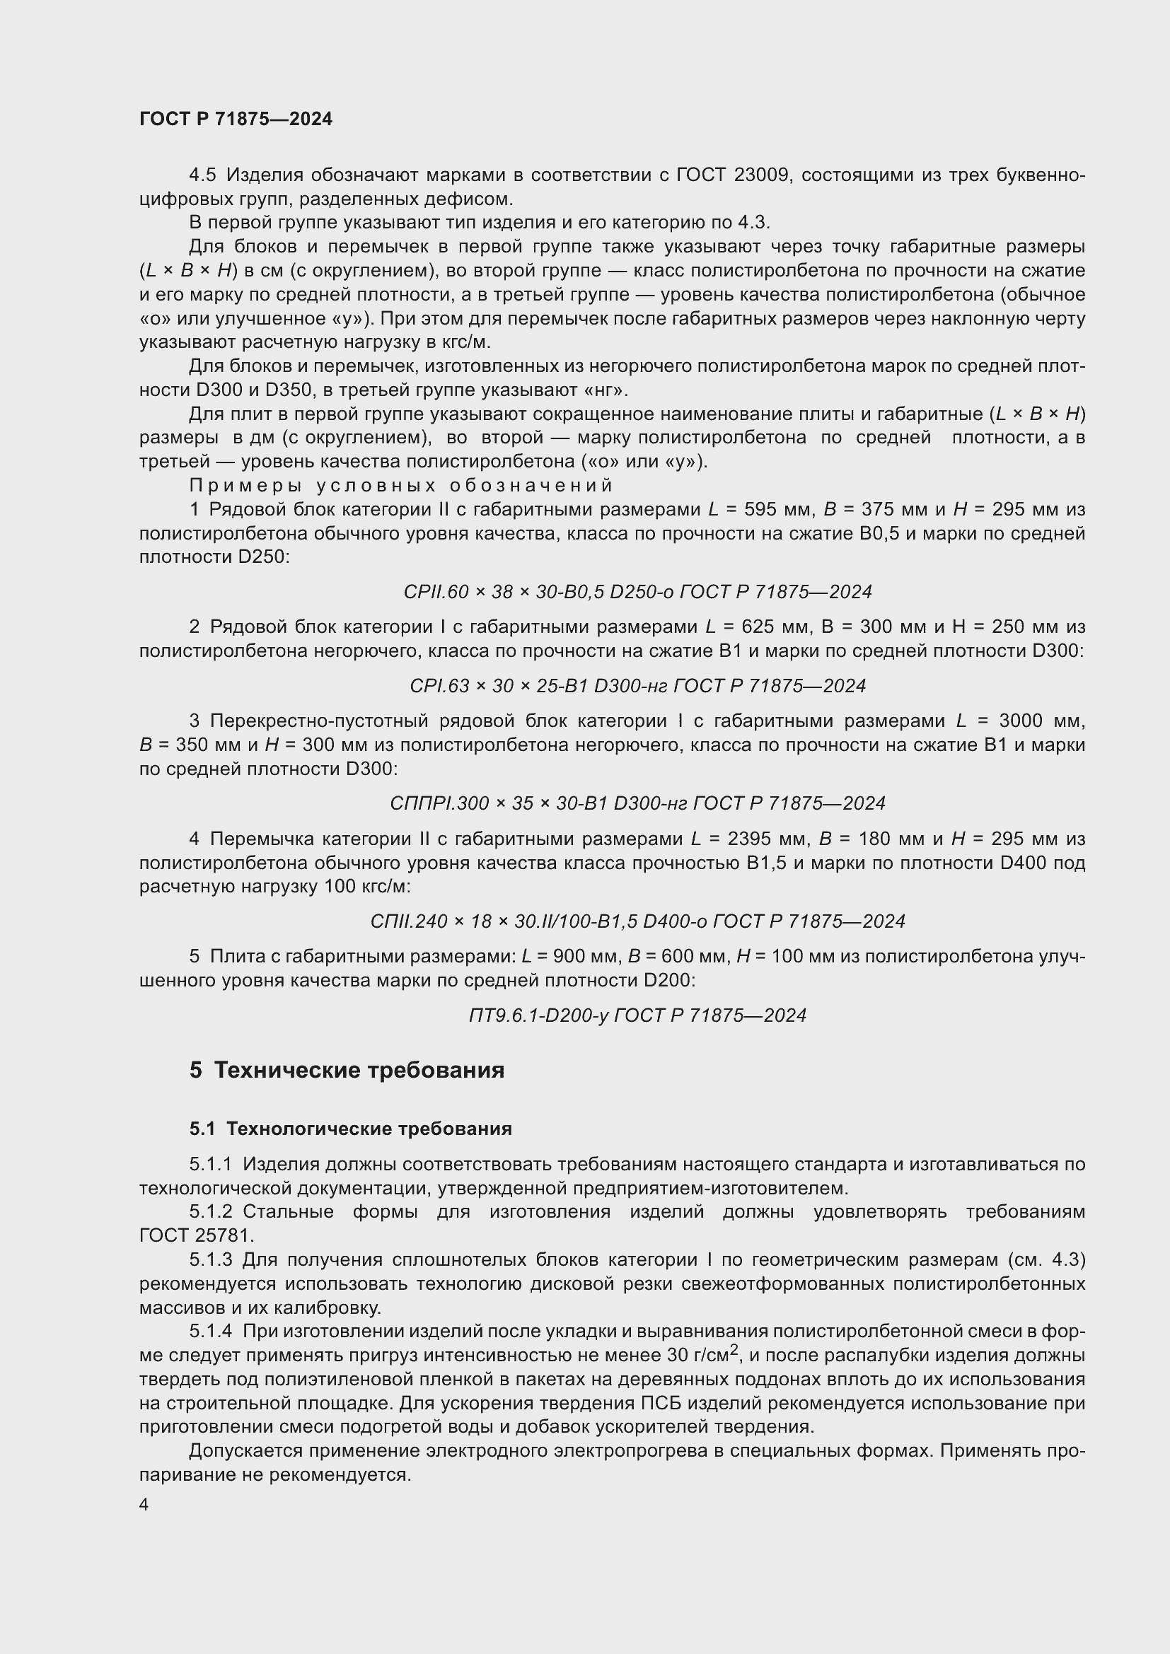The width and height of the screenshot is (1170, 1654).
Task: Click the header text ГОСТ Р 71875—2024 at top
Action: pyautogui.click(x=236, y=120)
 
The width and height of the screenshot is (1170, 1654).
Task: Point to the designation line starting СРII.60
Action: pyautogui.click(x=637, y=592)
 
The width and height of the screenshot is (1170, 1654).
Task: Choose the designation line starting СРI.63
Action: pyautogui.click(x=637, y=686)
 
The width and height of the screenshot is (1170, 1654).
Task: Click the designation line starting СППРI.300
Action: pyautogui.click(x=637, y=803)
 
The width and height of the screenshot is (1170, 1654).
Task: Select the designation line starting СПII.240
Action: pyautogui.click(x=637, y=921)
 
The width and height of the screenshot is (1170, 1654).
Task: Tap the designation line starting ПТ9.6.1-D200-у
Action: pyautogui.click(x=637, y=1015)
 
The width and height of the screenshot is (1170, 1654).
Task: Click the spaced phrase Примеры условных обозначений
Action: pyautogui.click(x=400, y=485)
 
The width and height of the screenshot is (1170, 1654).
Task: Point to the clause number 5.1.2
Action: pyautogui.click(x=210, y=1212)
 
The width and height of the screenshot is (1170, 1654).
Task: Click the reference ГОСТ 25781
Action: pyautogui.click(x=196, y=1235)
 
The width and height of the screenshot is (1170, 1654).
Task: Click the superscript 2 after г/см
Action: pyautogui.click(x=734, y=1349)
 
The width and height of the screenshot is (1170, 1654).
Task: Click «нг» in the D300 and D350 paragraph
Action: pyautogui.click(x=610, y=390)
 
